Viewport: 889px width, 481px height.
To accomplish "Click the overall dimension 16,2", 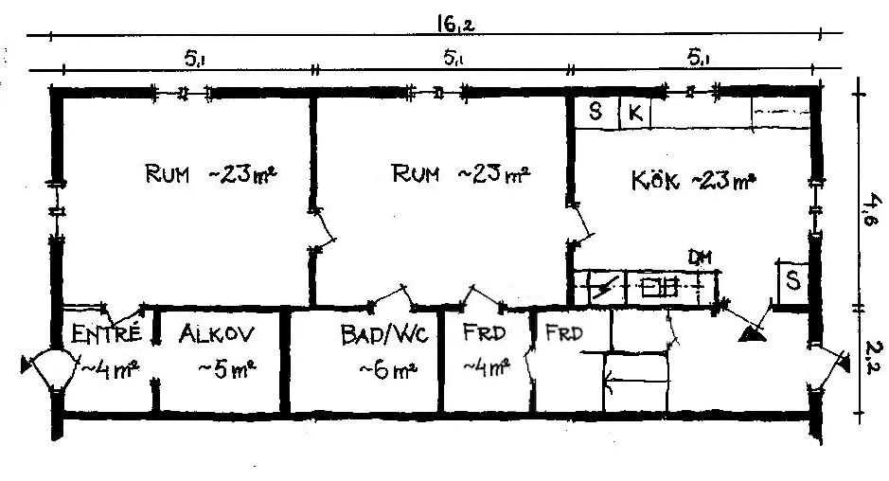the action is [454, 25].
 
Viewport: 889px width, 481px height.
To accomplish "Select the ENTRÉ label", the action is [106, 332].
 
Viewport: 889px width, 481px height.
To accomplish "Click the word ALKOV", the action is [217, 333].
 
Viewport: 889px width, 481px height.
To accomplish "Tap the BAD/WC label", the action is [384, 334].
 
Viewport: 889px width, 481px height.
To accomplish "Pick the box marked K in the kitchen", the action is [635, 113].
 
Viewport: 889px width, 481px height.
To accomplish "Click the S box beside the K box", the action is [596, 113].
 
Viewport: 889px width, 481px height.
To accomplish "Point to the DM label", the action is [700, 258].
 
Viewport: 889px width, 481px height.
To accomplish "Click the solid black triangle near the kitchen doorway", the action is [752, 334].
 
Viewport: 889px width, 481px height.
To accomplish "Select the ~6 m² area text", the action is [388, 370].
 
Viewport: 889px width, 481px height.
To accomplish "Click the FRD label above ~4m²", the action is [484, 333].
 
